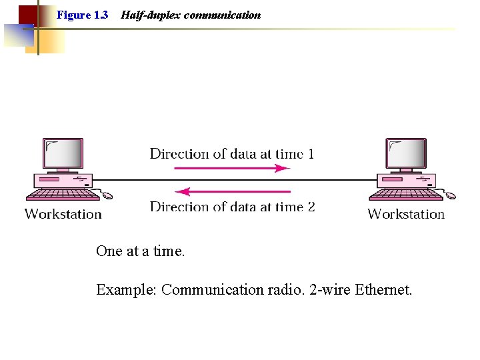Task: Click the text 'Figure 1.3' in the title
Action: (x=82, y=15)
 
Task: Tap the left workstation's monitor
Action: (x=63, y=154)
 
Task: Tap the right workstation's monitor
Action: (x=406, y=154)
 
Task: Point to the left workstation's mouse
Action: (x=107, y=195)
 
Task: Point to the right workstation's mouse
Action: (x=451, y=195)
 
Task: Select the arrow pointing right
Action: (x=232, y=168)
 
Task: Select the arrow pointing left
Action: (x=232, y=191)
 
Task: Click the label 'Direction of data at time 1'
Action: (x=232, y=154)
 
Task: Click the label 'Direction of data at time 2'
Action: (x=232, y=207)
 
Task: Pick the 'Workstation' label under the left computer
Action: (x=63, y=214)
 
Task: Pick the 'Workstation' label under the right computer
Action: (x=406, y=214)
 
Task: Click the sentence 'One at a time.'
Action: (x=141, y=251)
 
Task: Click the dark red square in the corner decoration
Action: (x=27, y=15)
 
